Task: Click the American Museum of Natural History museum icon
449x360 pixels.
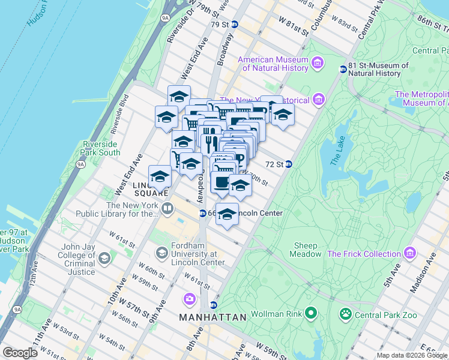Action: coord(317,62)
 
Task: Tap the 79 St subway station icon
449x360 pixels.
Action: coord(235,25)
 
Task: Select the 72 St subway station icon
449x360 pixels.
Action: coord(289,164)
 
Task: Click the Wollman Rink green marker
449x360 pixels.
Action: coord(310,313)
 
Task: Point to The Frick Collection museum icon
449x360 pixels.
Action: coord(410,253)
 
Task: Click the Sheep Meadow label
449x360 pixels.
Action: coord(308,250)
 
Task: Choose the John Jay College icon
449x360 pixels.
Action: coord(104,259)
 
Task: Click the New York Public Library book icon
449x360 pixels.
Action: coord(167,209)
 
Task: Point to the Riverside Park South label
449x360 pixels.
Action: coord(101,148)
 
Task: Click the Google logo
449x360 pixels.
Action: coord(20,353)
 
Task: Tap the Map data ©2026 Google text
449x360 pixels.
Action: coord(411,355)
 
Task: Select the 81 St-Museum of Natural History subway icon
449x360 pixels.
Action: coord(343,70)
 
